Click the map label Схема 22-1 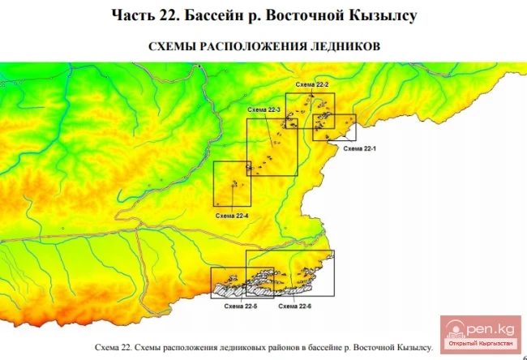tap(357, 149)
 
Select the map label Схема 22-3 tap(265, 109)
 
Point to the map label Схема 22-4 tap(233, 216)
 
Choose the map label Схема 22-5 tap(241, 306)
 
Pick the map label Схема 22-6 tap(295, 306)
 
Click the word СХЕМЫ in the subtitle tap(173, 46)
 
